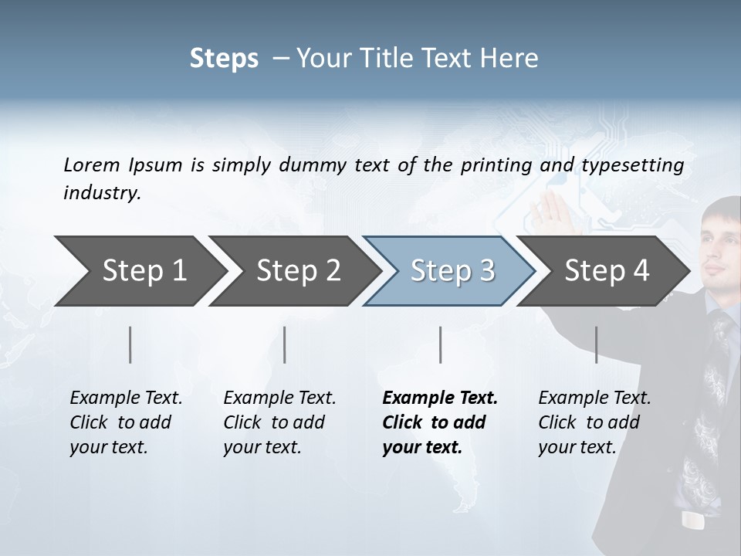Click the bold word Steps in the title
click(x=224, y=59)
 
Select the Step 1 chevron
click(x=139, y=270)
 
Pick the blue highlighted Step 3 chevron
click(x=451, y=270)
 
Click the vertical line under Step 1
click(x=130, y=344)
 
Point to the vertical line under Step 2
click(x=285, y=344)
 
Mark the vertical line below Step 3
click(x=441, y=344)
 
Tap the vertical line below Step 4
click(x=596, y=344)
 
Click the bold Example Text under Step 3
click(x=440, y=422)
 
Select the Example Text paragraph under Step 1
click(x=126, y=422)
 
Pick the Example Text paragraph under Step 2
click(x=279, y=422)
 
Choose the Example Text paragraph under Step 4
click(x=594, y=422)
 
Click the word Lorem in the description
click(x=92, y=164)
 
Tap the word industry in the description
click(x=102, y=193)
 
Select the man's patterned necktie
click(x=710, y=402)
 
